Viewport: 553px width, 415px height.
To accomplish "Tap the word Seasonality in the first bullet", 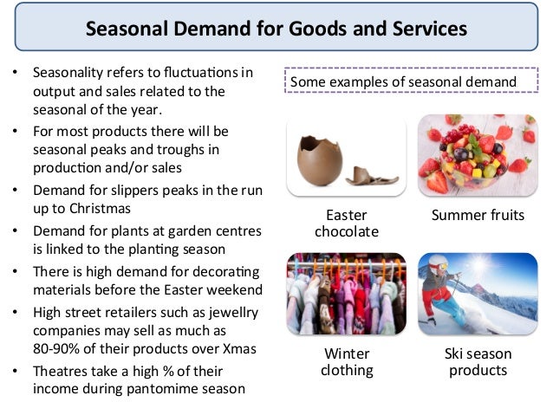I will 73,73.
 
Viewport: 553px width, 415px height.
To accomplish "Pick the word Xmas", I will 247,349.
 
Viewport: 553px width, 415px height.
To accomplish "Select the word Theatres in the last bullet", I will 62,369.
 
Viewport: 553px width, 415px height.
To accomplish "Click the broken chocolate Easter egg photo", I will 347,156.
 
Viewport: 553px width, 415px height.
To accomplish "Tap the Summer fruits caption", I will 478,215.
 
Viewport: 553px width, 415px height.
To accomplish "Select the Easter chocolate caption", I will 346,224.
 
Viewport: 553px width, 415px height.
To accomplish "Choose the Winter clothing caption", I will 346,362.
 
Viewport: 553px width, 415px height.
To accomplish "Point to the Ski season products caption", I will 478,362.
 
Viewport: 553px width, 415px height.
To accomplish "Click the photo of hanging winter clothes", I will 346,293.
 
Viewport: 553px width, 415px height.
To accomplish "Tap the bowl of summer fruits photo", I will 478,156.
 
